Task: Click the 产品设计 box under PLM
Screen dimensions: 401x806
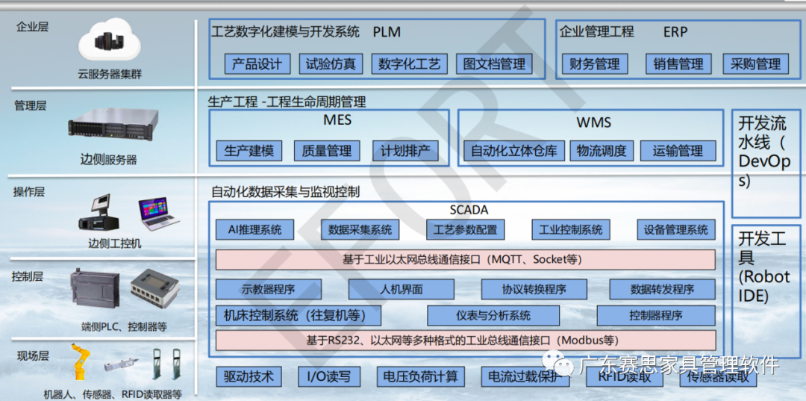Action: tap(257, 64)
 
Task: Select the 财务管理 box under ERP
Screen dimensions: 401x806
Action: tap(594, 64)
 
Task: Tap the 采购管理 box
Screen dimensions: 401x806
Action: tap(755, 64)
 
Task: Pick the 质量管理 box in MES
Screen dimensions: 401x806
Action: tap(327, 151)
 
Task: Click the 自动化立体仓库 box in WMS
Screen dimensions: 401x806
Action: tap(513, 151)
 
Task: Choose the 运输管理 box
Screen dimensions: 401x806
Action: tap(678, 151)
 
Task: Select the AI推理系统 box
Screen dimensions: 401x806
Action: tap(254, 230)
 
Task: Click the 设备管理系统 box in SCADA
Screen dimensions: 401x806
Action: tap(676, 230)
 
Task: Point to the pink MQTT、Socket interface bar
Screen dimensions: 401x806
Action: tap(465, 260)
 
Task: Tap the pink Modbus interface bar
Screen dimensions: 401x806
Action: tap(465, 341)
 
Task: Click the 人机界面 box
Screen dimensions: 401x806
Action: tap(401, 290)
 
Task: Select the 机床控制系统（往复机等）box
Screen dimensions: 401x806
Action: tap(299, 315)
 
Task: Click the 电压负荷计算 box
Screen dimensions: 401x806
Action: tap(420, 377)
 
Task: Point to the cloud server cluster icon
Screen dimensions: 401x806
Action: tap(110, 43)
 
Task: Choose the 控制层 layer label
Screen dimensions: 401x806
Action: tap(28, 277)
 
